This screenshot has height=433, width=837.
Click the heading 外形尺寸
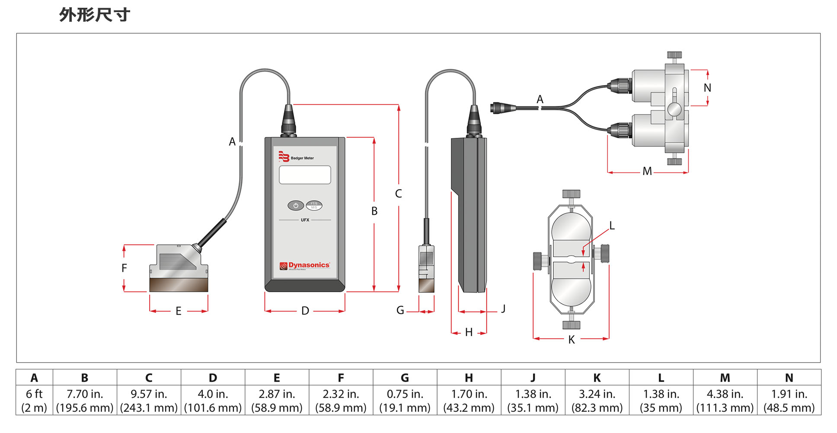95,15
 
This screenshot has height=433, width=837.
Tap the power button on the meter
296,206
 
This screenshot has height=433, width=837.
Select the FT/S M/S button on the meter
314,205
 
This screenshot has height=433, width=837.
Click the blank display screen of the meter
305,175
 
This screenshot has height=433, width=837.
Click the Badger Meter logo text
302,158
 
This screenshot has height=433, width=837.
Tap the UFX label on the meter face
305,220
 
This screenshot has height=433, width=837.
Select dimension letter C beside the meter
398,194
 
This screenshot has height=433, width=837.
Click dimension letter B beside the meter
374,211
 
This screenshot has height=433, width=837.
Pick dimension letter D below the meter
305,311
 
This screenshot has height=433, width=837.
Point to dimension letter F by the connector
124,268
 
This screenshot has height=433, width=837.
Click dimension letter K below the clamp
571,340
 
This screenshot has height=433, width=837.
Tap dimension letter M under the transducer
647,172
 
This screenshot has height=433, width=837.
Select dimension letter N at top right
707,88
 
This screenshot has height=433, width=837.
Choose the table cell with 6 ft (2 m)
34,401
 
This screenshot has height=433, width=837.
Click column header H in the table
469,378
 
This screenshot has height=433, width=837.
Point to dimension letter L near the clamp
612,226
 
